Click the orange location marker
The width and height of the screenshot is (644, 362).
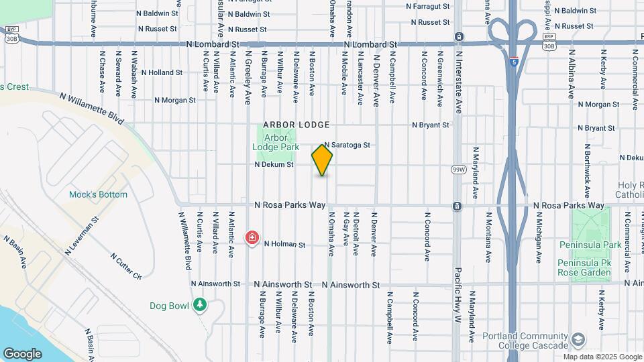point(322,160)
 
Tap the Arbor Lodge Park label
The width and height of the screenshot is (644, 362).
point(276,142)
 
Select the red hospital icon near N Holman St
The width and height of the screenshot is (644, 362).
point(252,238)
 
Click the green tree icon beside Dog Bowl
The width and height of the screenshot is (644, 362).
point(199,305)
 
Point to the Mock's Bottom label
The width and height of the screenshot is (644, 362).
point(98,194)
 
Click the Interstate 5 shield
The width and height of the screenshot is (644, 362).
point(514,62)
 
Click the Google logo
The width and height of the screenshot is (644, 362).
point(22,353)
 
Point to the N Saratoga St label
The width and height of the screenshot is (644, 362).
point(347,145)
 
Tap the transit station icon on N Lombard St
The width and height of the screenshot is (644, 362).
point(458,36)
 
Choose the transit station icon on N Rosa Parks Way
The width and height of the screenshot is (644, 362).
point(457,206)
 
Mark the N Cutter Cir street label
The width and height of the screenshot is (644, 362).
point(125,266)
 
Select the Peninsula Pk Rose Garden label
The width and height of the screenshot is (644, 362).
point(584,272)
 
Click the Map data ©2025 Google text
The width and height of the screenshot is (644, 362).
point(602,356)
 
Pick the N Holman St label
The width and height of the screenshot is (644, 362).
point(284,245)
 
